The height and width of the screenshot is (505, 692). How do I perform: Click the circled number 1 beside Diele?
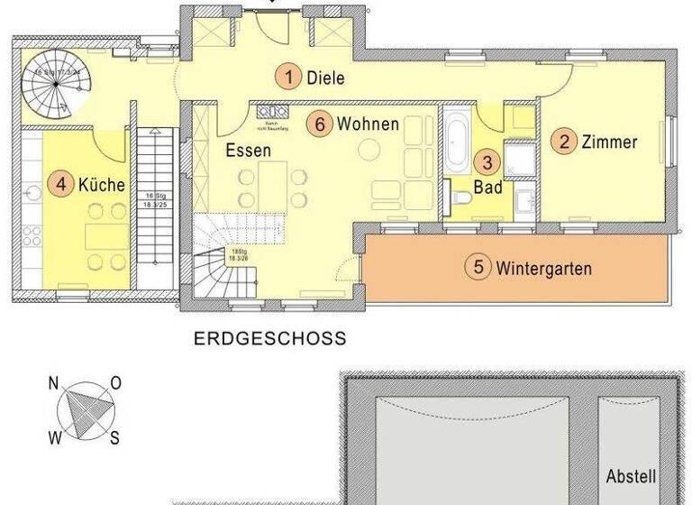coord(288,77)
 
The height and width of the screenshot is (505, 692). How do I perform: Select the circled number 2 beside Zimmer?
coord(564,142)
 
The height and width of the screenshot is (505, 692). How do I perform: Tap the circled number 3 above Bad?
coord(487,163)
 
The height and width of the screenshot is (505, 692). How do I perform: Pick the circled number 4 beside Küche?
coord(60,186)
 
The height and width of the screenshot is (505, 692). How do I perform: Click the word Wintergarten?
coord(544,268)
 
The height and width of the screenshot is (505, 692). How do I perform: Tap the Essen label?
coord(249,151)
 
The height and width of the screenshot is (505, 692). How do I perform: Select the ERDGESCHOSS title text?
coord(270,339)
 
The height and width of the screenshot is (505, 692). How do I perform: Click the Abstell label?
coord(631,476)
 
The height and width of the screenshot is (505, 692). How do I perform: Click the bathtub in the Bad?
coord(456,143)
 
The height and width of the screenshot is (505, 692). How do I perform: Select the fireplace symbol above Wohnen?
coord(269,111)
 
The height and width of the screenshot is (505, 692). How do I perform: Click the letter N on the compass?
coord(53,382)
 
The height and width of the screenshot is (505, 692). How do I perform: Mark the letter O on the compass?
coord(115,382)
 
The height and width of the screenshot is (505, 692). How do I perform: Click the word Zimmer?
coord(610,142)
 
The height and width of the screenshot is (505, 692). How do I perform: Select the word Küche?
coord(101,186)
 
